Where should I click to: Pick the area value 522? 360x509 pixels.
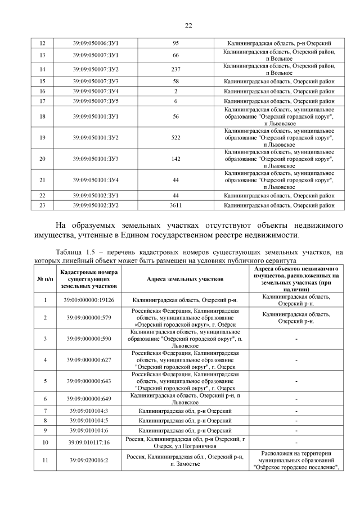pyautogui.click(x=175, y=138)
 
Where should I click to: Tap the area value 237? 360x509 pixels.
pyautogui.click(x=175, y=69)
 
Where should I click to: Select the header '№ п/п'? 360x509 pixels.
pyautogui.click(x=45, y=279)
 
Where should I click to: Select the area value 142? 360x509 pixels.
pyautogui.click(x=175, y=159)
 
